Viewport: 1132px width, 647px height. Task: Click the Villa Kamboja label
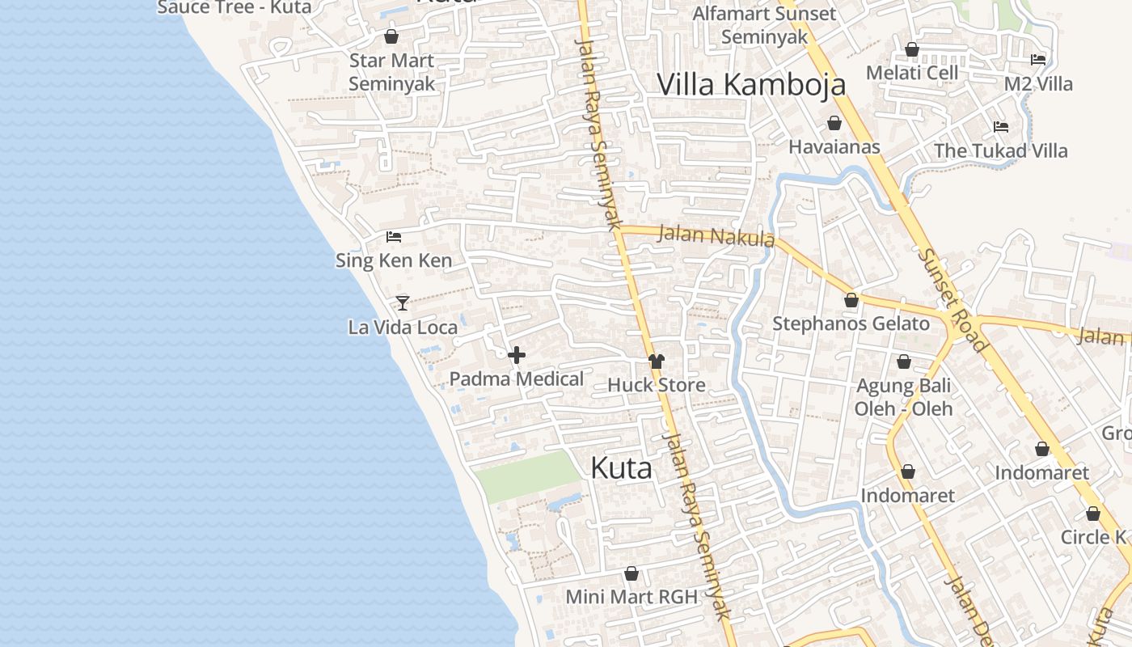(751, 84)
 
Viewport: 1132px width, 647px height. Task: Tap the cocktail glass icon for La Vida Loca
(402, 303)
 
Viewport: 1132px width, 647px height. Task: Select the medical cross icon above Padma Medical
(517, 354)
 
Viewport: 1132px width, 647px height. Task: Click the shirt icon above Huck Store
(656, 361)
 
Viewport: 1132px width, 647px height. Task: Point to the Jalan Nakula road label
(716, 236)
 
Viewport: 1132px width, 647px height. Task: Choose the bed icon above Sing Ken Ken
(394, 237)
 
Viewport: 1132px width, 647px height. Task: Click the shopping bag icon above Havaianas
(834, 123)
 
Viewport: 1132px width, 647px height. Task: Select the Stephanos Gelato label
(851, 323)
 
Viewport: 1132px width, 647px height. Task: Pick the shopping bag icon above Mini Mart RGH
(631, 573)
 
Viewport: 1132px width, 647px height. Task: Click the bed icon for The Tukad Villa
(1001, 127)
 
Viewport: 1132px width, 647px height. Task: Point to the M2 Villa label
(1038, 84)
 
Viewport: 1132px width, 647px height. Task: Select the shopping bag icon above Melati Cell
(912, 49)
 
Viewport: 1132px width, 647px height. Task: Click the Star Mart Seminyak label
(391, 72)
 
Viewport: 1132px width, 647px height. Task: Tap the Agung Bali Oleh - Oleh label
(903, 397)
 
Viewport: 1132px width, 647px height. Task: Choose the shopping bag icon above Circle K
(1093, 514)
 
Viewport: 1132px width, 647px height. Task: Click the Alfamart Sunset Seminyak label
(764, 25)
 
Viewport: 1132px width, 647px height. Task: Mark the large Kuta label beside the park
(621, 468)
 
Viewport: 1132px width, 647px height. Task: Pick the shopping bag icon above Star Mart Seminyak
(391, 36)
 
